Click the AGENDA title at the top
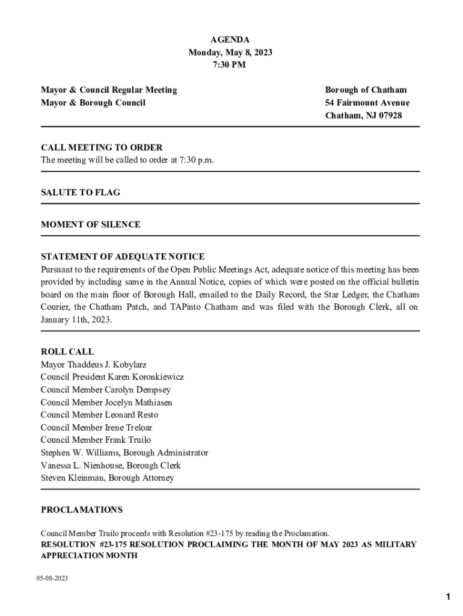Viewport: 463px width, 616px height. click(230, 40)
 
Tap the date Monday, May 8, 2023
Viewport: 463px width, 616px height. click(230, 52)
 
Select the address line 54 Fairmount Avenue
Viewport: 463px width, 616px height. click(367, 103)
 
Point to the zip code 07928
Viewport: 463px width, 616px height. click(389, 115)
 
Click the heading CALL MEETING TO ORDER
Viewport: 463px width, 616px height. click(102, 147)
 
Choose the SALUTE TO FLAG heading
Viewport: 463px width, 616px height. click(81, 192)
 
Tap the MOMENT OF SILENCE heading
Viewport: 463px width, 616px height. click(91, 224)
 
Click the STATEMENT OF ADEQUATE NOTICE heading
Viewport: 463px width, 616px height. click(123, 256)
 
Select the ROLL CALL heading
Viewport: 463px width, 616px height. click(67, 352)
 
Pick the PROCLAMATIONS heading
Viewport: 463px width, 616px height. click(82, 510)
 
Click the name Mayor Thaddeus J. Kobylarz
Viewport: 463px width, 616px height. click(94, 365)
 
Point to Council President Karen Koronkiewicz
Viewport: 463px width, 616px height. click(112, 377)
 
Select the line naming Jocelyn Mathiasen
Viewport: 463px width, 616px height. click(106, 402)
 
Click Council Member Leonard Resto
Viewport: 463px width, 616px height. click(100, 415)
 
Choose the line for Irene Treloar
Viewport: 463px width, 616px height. click(97, 428)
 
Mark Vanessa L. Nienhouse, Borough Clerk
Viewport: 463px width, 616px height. click(111, 466)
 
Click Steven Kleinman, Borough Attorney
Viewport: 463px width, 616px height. click(108, 478)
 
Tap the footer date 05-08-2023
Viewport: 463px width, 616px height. click(52, 578)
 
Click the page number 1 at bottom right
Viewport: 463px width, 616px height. click(448, 597)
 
